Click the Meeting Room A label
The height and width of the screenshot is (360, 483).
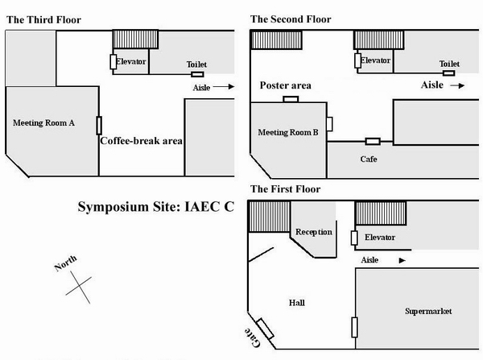pos(43,123)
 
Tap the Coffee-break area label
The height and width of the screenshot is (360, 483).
pos(141,141)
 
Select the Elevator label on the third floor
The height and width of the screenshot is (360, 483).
pos(130,60)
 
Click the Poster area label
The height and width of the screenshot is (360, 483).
pos(286,86)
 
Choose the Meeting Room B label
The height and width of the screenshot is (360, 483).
pos(288,131)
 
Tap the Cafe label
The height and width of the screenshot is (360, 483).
pos(368,159)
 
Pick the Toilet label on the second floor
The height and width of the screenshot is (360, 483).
pos(448,64)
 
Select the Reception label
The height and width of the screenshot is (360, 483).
pos(314,232)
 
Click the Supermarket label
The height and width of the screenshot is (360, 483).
pos(427,311)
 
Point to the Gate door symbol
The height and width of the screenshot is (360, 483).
pos(265,325)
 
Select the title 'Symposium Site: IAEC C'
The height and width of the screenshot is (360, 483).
pos(155,207)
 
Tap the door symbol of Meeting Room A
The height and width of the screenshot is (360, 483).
pos(99,126)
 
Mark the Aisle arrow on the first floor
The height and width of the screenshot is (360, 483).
pos(401,260)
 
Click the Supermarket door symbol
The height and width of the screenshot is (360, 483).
pos(353,327)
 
